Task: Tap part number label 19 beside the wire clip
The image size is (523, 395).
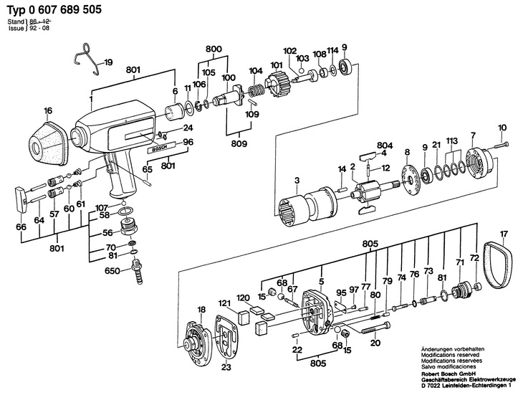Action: pos(109,63)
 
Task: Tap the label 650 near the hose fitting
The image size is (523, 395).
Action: pos(112,272)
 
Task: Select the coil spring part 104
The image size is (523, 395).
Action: pos(256,94)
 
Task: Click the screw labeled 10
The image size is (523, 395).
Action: pos(502,146)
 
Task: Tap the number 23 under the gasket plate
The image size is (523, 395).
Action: pos(226,368)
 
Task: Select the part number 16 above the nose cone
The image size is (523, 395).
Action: pos(48,110)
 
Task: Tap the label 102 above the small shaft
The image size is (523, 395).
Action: pos(289,51)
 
